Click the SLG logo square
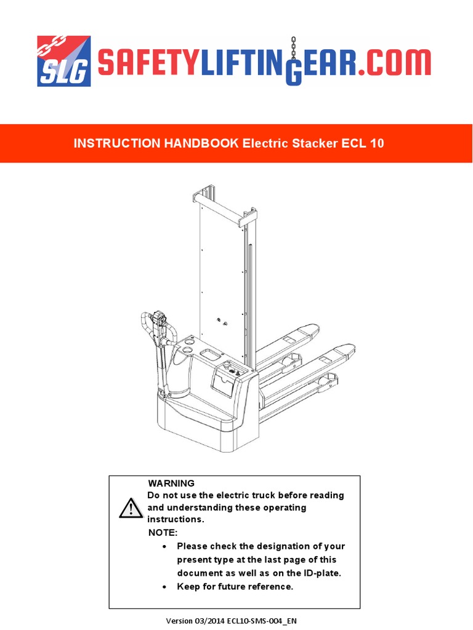tap(64, 61)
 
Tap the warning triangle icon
tap(131, 508)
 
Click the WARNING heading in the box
tap(171, 483)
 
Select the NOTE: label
tap(163, 532)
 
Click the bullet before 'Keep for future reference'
tap(164, 587)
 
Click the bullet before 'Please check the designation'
tap(164, 546)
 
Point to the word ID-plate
tap(318, 573)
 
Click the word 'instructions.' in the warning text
tap(175, 520)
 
